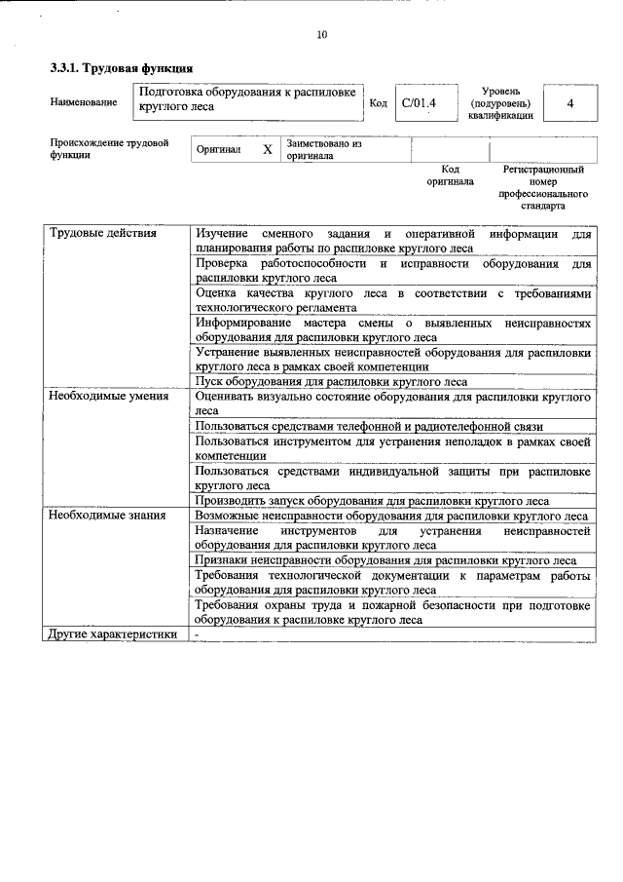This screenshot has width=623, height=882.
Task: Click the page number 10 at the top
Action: pyautogui.click(x=321, y=36)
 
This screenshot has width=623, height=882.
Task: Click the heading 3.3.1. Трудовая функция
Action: pyautogui.click(x=122, y=68)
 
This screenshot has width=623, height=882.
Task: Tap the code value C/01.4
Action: pyautogui.click(x=421, y=101)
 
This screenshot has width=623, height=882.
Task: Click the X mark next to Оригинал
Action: pyautogui.click(x=267, y=150)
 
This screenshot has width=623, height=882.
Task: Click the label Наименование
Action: pyautogui.click(x=83, y=101)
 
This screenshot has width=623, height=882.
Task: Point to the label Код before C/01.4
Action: pyautogui.click(x=380, y=102)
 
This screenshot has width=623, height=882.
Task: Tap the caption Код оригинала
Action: pyautogui.click(x=450, y=175)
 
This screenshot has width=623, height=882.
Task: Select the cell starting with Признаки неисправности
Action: pyautogui.click(x=385, y=560)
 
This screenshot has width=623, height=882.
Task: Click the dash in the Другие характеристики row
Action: pyautogui.click(x=197, y=634)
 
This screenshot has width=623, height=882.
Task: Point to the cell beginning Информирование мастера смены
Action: pyautogui.click(x=391, y=328)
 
